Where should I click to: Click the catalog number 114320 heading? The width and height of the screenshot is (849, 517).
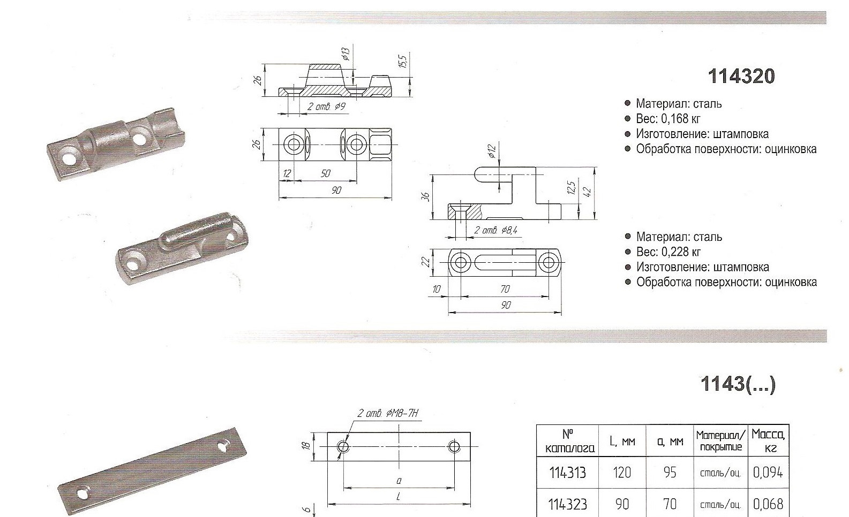tap(741, 76)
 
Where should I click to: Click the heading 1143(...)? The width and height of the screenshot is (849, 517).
tap(738, 384)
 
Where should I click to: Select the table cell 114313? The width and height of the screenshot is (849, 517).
tap(567, 473)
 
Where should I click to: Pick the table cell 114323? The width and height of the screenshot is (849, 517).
tap(567, 504)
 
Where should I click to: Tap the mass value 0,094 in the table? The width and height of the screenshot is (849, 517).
tap(768, 472)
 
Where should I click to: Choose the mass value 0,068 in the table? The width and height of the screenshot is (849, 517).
tap(768, 504)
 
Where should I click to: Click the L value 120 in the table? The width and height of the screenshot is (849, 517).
tap(621, 473)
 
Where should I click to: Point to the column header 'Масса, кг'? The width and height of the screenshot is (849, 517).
tap(768, 440)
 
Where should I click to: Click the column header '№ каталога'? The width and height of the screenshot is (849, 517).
tap(567, 441)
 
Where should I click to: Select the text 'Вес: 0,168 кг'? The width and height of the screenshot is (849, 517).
tap(668, 119)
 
